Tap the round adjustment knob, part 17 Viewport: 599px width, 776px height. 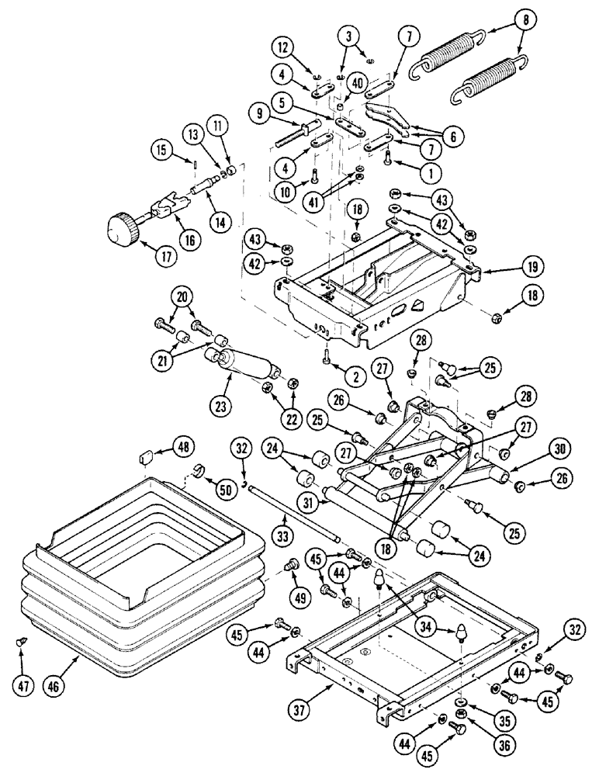click(123, 229)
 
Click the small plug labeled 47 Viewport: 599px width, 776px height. click(21, 641)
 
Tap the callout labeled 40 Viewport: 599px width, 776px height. click(357, 82)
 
